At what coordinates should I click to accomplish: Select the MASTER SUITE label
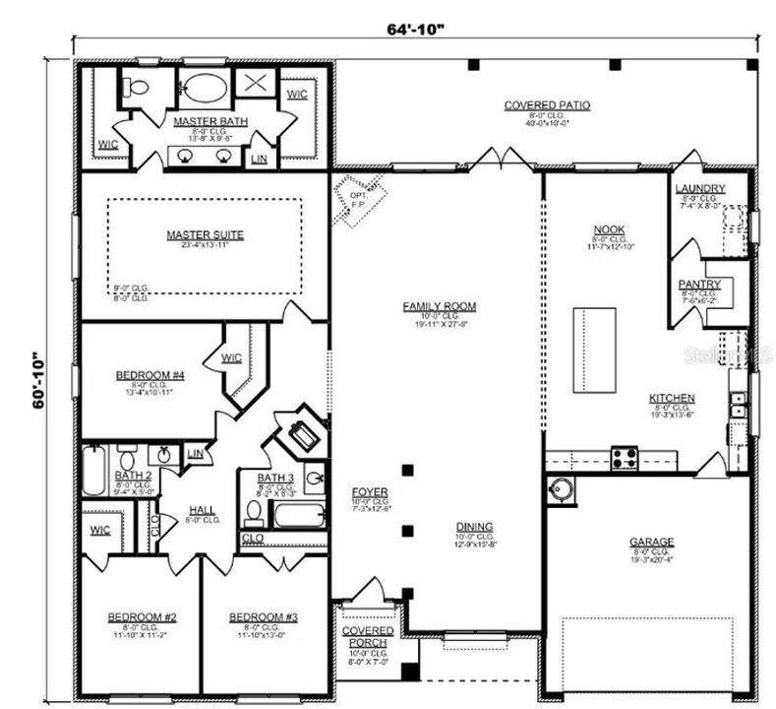(x=205, y=234)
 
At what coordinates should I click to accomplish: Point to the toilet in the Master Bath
(x=138, y=88)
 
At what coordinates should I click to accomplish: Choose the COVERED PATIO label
(x=547, y=105)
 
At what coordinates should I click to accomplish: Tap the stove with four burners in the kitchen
(x=625, y=457)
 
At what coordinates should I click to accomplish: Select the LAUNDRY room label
(x=700, y=189)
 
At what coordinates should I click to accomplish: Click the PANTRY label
(x=699, y=285)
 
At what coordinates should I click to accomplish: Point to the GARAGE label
(x=651, y=542)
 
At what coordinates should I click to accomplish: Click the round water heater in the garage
(x=563, y=488)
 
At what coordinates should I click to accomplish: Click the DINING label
(x=474, y=527)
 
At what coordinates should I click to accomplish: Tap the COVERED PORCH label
(x=368, y=636)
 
